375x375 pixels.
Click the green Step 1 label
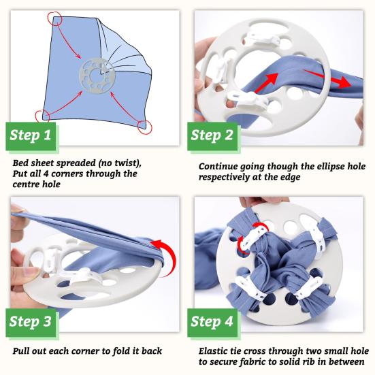tap(31, 136)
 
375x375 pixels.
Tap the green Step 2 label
tap(212, 136)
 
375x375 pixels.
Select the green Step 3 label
tap(31, 323)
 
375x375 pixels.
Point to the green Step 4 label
tap(212, 323)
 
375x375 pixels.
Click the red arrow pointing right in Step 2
tap(327, 78)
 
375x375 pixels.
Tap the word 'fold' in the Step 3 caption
tap(120, 351)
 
